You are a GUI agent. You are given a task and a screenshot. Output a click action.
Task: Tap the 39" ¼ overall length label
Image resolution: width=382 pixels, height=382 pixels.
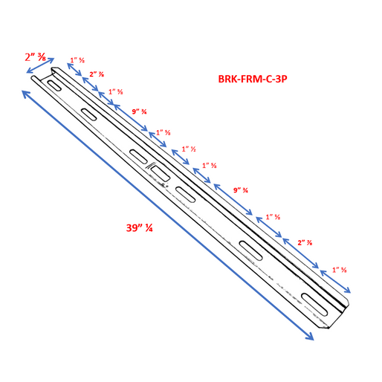tap(140, 228)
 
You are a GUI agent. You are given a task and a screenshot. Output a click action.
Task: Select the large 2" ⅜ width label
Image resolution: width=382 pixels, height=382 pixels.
tap(35, 57)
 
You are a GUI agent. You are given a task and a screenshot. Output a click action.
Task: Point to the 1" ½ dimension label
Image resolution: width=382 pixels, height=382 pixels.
tap(188, 149)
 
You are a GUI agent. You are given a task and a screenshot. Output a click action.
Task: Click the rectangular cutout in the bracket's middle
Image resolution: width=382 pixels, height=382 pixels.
tap(158, 172)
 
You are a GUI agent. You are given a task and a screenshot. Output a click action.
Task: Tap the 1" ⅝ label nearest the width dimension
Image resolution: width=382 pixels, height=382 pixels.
tap(77, 60)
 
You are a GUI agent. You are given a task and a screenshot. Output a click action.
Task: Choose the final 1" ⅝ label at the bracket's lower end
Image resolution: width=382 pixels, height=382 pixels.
tap(340, 269)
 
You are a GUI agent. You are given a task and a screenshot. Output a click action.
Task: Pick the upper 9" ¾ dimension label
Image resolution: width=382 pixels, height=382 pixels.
tap(138, 111)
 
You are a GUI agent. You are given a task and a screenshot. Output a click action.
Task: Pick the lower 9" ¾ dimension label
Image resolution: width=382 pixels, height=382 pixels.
tap(241, 190)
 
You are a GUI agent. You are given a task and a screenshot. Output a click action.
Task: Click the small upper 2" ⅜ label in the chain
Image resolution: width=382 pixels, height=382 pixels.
tap(96, 74)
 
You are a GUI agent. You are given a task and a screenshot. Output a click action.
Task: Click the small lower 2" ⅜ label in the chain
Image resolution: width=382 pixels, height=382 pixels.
tap(304, 242)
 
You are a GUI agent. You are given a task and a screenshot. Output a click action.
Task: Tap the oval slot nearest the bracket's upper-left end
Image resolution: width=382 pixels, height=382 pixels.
tap(54, 85)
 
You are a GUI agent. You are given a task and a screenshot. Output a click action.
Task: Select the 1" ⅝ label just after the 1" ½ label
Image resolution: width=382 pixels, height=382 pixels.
tap(210, 165)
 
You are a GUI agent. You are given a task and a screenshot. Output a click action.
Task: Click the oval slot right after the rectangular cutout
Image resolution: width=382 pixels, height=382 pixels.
tap(185, 193)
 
